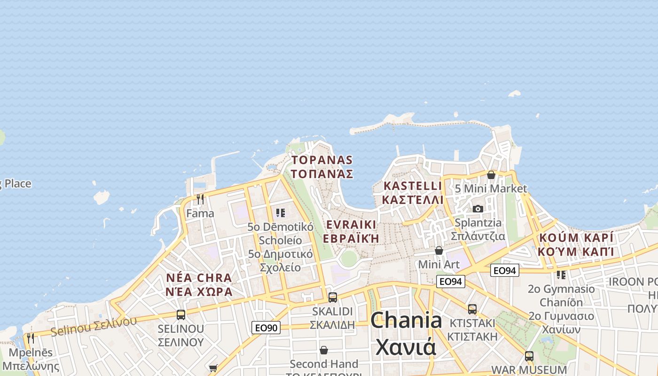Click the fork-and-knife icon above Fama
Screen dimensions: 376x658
point(200,199)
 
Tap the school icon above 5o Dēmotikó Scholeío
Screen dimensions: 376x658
point(281,213)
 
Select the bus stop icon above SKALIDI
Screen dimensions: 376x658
point(333,297)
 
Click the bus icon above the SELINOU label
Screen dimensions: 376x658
point(181,314)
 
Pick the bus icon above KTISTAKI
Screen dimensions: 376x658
point(472,309)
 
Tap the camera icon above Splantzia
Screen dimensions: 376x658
point(478,209)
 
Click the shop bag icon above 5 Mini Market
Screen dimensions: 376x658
point(491,175)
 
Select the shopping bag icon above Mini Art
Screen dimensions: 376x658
point(439,251)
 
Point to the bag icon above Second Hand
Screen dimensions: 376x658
point(324,350)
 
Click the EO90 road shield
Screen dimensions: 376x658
point(266,328)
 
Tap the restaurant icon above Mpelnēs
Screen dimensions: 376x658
point(31,338)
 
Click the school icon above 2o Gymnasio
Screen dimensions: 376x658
point(561,274)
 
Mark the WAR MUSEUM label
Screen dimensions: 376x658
point(529,369)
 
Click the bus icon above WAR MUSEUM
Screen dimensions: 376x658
point(529,356)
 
